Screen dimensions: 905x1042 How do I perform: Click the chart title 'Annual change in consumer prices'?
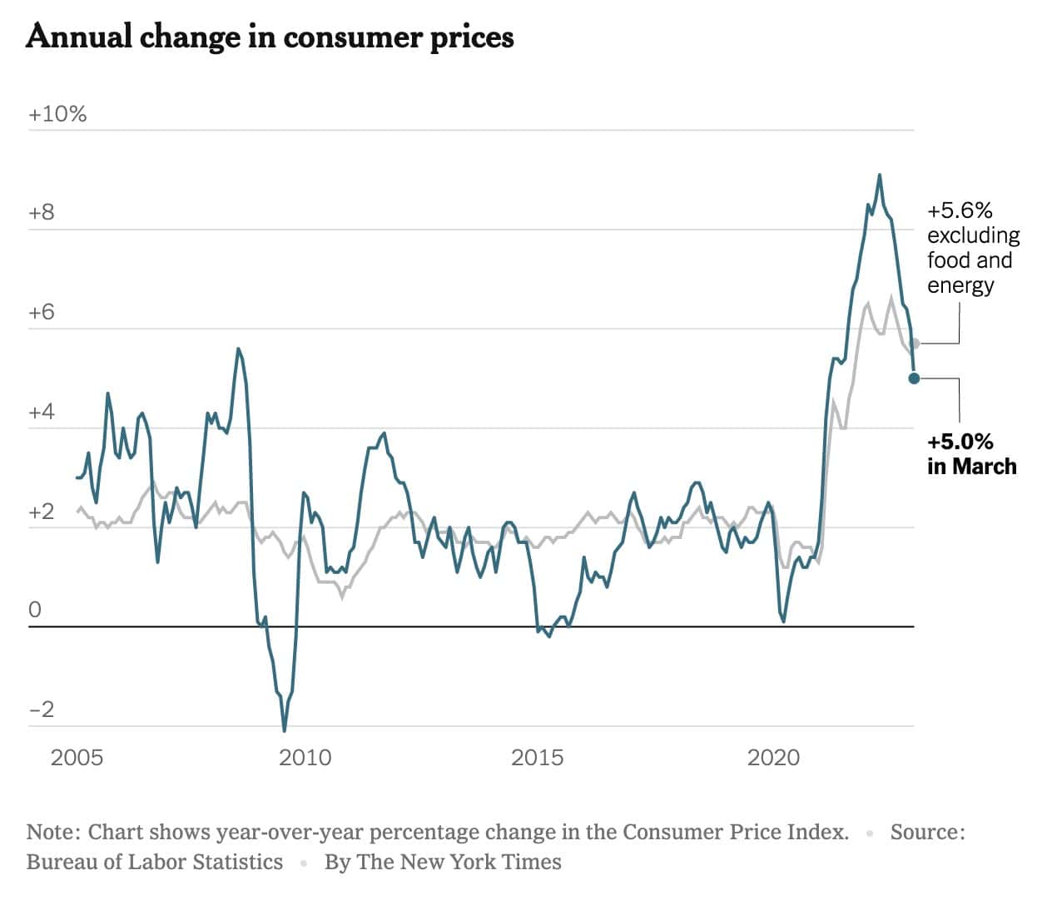[270, 37]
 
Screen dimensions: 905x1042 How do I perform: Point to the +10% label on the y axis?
[57, 115]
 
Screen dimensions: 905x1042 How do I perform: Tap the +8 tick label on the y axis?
[41, 213]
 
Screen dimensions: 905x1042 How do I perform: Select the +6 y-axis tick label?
[41, 313]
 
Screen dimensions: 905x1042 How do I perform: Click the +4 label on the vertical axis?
[41, 413]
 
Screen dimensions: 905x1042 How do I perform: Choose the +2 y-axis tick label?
[41, 512]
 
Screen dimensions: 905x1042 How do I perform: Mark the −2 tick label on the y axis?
[41, 710]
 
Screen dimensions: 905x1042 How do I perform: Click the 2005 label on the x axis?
[77, 758]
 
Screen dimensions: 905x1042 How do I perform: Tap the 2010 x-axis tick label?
[305, 758]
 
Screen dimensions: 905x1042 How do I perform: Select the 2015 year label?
[537, 758]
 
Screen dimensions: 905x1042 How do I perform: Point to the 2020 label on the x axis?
[773, 758]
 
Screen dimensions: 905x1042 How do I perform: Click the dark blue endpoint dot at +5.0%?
[914, 378]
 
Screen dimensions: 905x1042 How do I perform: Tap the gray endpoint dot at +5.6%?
[915, 343]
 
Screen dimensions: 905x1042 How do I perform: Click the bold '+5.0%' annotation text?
[960, 442]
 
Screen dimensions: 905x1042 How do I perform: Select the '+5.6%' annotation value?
[960, 210]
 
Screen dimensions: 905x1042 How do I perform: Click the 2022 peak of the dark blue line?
[879, 176]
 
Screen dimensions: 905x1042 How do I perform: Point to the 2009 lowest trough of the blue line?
[285, 730]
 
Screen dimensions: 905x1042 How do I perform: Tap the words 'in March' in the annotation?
[971, 467]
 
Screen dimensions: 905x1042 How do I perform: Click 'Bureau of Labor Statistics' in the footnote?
[155, 863]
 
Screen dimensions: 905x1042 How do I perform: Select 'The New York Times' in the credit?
[459, 863]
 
